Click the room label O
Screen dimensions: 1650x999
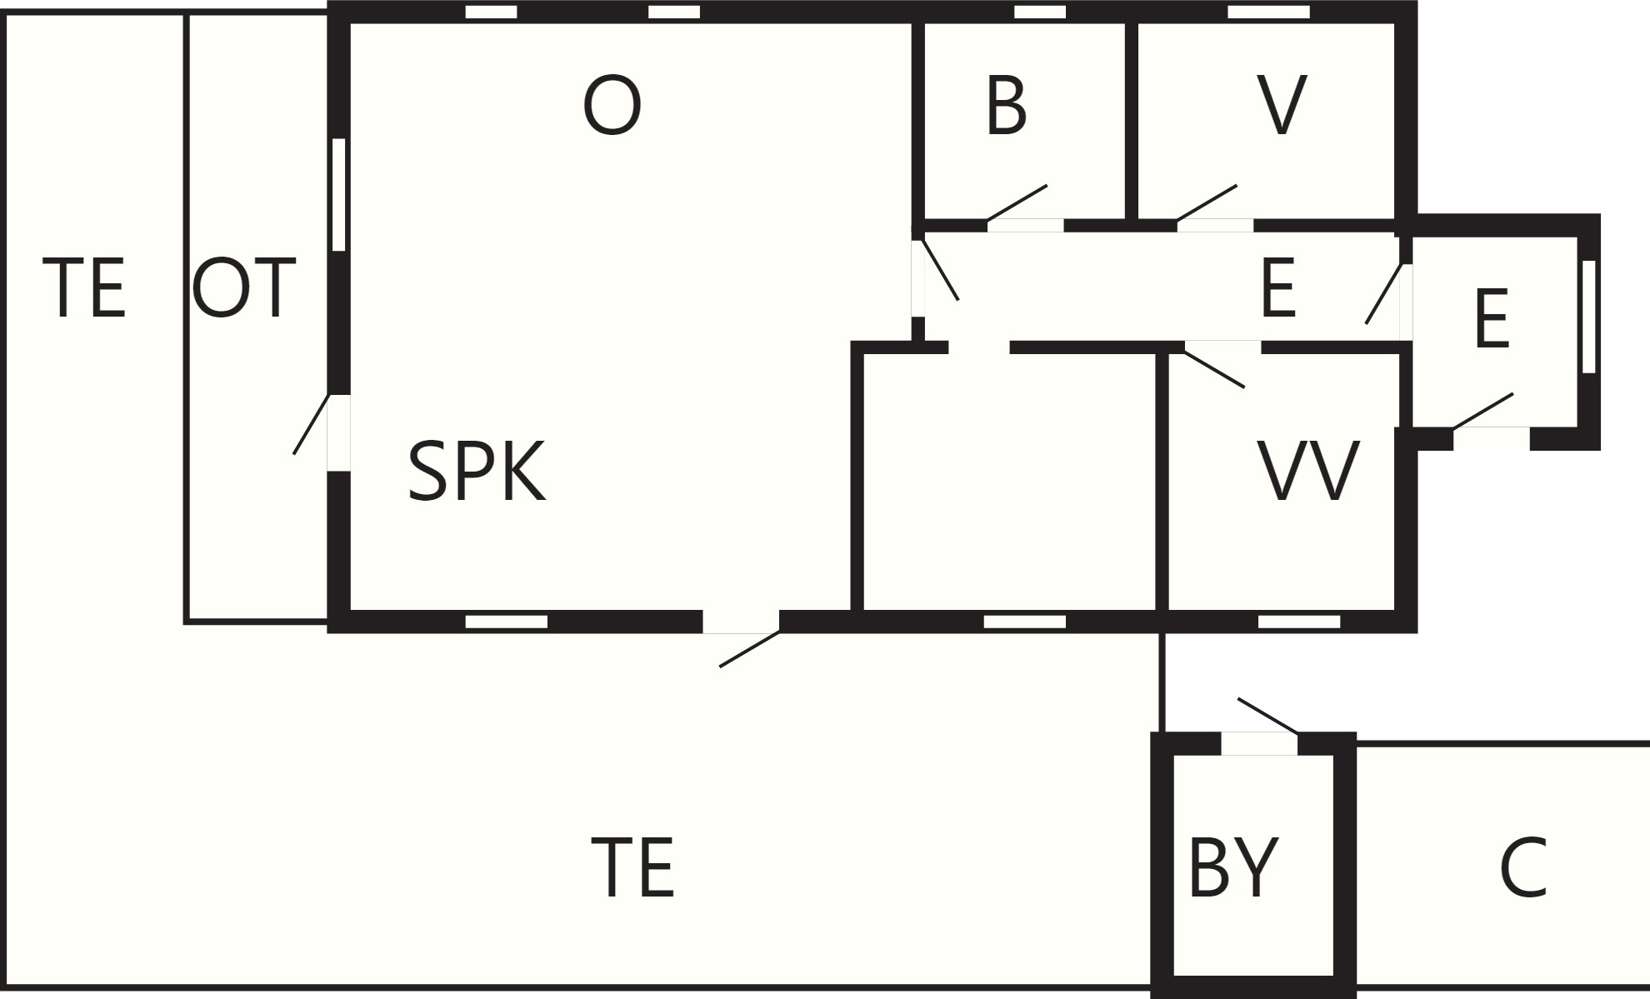point(612,106)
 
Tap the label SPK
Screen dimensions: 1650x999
point(477,472)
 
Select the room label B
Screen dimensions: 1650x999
point(1006,106)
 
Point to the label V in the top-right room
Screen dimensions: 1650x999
point(1281,106)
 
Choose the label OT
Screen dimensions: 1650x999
point(243,288)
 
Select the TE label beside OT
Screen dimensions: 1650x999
point(83,288)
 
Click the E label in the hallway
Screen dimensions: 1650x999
point(1278,288)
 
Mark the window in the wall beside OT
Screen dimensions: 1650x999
point(338,194)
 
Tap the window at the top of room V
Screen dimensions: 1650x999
point(1268,12)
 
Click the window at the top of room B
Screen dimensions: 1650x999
point(1040,12)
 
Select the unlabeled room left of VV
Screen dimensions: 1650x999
point(1009,482)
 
